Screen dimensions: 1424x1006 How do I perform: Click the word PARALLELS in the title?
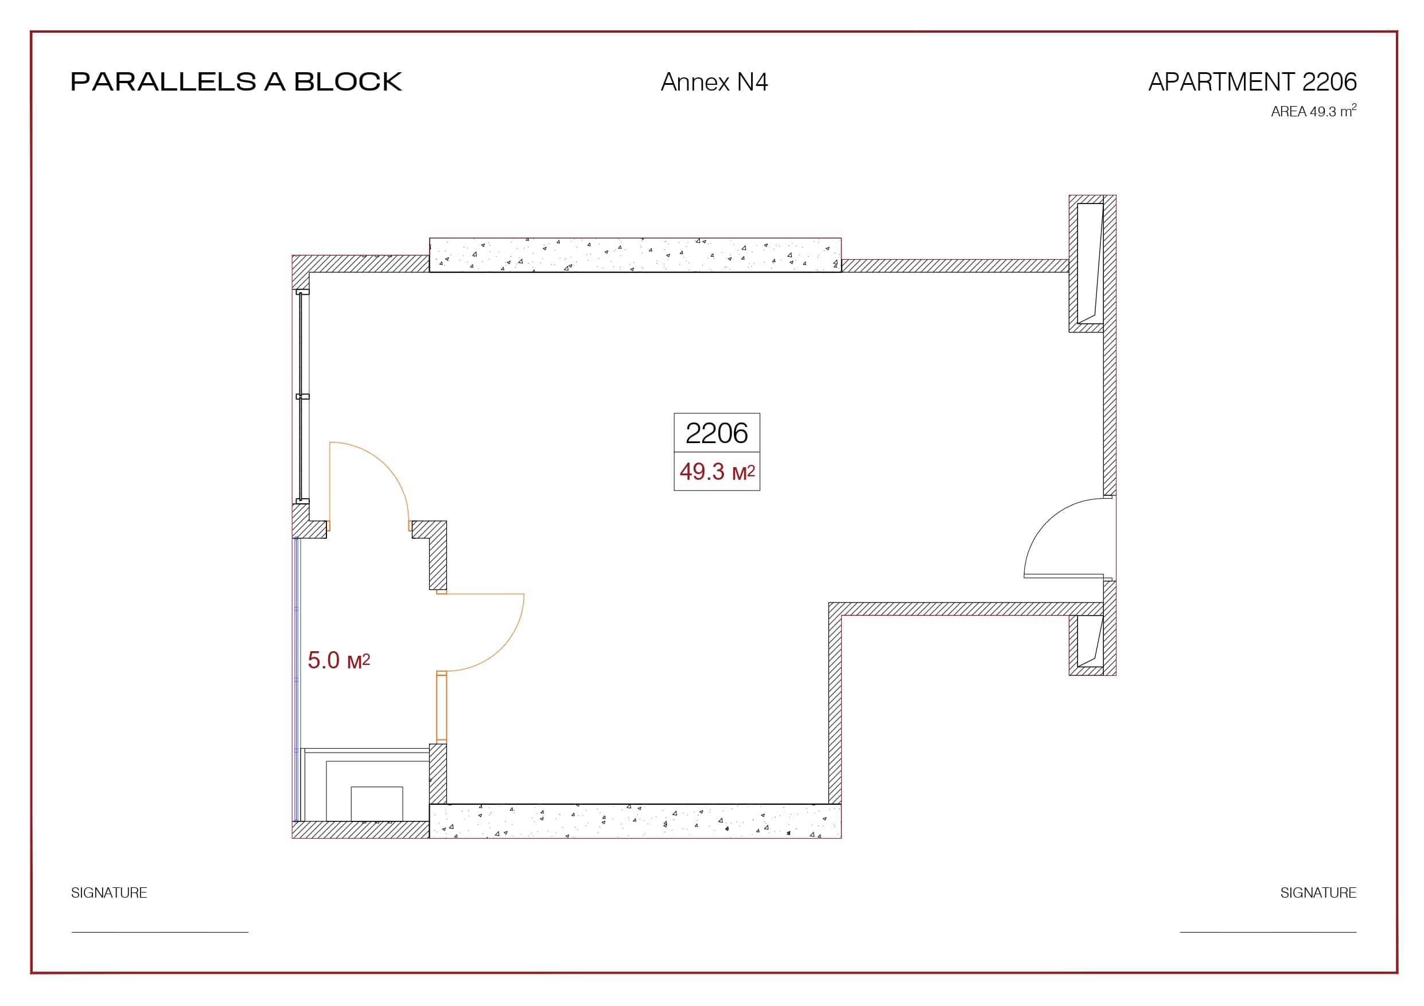(x=164, y=82)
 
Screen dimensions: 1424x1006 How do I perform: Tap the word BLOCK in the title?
(x=347, y=82)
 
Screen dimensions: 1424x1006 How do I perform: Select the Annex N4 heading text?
(x=714, y=82)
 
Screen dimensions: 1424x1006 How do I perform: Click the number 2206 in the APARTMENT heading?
(x=1330, y=82)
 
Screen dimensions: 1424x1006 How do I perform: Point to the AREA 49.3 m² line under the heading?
(x=1314, y=111)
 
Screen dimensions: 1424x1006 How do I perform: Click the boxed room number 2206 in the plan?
(x=717, y=433)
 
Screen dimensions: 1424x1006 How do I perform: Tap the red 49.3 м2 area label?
(x=717, y=472)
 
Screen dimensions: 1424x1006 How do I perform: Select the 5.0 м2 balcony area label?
(x=339, y=660)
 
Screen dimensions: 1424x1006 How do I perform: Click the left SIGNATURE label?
(x=109, y=893)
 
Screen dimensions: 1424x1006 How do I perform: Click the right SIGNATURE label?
(x=1318, y=893)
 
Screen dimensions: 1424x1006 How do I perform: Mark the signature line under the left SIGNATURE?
(x=160, y=932)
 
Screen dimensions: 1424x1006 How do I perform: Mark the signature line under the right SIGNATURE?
(x=1268, y=932)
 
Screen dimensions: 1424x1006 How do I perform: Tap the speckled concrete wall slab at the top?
(x=635, y=255)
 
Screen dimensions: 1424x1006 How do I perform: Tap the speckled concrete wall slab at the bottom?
(x=635, y=821)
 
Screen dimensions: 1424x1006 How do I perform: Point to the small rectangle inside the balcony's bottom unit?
(x=376, y=804)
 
